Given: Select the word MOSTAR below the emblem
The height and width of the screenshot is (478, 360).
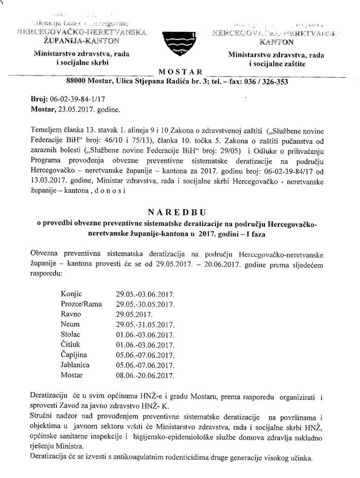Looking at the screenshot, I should (179, 71).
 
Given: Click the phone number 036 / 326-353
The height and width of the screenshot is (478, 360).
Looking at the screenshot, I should (268, 81).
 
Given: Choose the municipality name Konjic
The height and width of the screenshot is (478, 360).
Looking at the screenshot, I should (71, 295).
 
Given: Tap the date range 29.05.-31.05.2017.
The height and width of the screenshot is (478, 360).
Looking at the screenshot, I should (146, 324).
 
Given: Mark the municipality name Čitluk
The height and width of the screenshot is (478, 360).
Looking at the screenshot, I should (70, 344).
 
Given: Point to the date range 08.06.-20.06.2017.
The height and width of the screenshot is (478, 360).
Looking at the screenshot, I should (146, 374).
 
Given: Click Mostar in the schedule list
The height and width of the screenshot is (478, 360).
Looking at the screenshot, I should (71, 374).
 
